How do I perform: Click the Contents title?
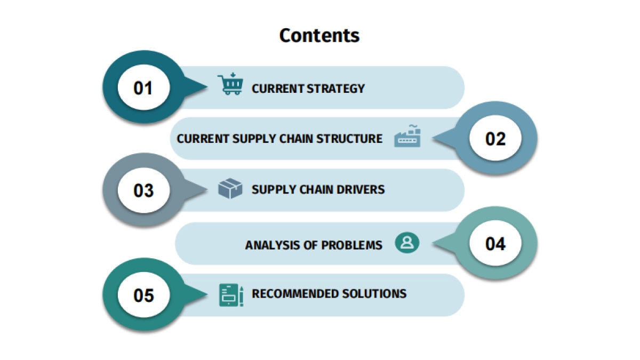(x=319, y=35)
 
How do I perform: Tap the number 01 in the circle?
(x=143, y=88)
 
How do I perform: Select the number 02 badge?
(x=495, y=139)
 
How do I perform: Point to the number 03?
(x=143, y=190)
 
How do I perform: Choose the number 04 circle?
(x=495, y=244)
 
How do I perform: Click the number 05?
(x=143, y=295)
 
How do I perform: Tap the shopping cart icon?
(x=230, y=85)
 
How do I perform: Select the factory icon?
(x=407, y=136)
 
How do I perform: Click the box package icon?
(x=230, y=189)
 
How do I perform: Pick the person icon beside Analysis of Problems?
(x=407, y=243)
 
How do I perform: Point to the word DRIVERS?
(x=363, y=189)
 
